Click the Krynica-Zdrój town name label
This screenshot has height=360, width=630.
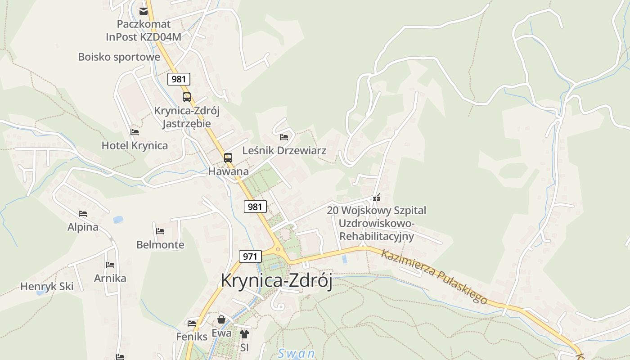[x=276, y=281]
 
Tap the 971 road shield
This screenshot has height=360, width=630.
[x=250, y=256]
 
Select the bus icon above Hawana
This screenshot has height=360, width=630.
[x=228, y=158]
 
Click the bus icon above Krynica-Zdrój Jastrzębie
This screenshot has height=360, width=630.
[x=186, y=97]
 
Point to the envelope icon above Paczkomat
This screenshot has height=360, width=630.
[x=144, y=11]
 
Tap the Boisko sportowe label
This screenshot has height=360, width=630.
[x=119, y=57]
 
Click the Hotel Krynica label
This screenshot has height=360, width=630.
[x=135, y=145]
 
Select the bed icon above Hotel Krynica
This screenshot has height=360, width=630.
[x=135, y=132]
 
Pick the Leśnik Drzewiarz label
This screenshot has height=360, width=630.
[x=284, y=150]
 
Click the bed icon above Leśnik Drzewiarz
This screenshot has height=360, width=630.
[x=284, y=137]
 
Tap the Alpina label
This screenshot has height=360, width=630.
[x=83, y=227]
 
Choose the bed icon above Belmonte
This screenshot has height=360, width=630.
[x=160, y=231]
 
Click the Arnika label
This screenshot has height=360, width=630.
[x=110, y=278]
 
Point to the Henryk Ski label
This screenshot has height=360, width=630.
[x=47, y=286]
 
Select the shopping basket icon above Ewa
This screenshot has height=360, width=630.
[x=221, y=319]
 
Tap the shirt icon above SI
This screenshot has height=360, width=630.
[x=244, y=334]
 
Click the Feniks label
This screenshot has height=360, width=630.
[x=192, y=336]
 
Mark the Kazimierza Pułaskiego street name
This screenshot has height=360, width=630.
[x=434, y=276]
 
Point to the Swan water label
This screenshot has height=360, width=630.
[x=296, y=353]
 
